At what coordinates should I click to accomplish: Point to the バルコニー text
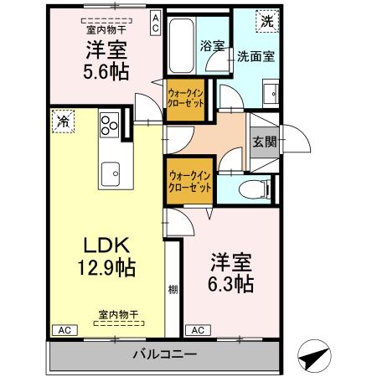(x=165, y=354)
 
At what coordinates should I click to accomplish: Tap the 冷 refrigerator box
(x=62, y=121)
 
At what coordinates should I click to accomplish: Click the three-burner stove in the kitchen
(x=110, y=127)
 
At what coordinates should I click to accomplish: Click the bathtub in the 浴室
(x=179, y=47)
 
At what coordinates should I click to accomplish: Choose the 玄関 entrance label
(x=261, y=140)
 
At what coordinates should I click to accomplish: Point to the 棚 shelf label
(x=173, y=289)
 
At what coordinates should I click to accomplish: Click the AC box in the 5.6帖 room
(x=155, y=22)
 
